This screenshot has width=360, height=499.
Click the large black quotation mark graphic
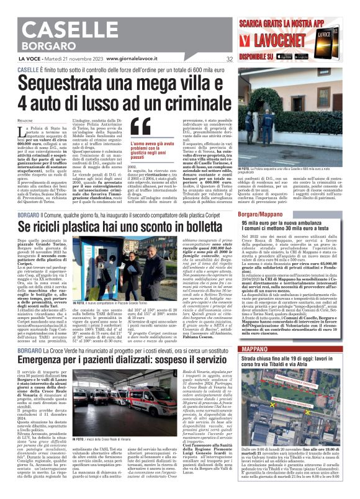(x=141, y=127)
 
